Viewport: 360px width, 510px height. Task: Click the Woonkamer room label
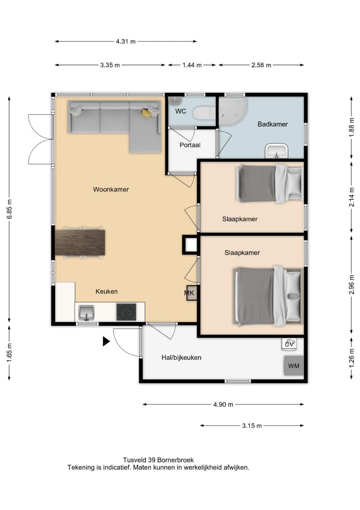111,189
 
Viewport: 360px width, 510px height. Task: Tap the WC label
181,111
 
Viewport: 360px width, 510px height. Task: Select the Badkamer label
273,124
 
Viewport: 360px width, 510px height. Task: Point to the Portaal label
190,145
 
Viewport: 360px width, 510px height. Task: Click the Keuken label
107,291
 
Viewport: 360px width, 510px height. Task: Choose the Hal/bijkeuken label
181,357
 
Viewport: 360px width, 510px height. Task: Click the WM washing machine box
294,366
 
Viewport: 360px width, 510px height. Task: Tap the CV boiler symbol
289,344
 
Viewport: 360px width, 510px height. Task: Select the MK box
191,293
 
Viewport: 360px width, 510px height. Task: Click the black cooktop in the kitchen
126,312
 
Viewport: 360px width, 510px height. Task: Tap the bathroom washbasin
276,151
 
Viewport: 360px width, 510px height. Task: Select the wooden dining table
80,243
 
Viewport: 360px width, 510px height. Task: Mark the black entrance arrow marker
106,341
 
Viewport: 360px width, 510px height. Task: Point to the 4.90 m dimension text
223,405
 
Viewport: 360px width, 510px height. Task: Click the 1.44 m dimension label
192,65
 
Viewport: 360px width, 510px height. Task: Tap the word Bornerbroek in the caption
176,460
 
